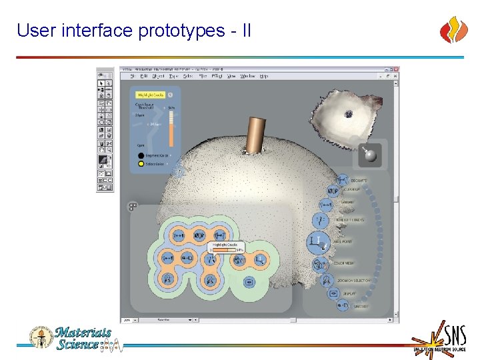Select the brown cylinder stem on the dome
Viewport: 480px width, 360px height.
click(x=255, y=135)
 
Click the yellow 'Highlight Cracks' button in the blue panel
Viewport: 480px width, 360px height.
click(x=150, y=95)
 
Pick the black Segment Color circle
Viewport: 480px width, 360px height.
click(x=141, y=155)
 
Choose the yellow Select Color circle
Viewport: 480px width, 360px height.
click(x=141, y=163)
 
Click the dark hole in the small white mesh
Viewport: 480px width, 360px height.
click(x=348, y=114)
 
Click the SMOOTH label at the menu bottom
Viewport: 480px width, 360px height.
click(x=361, y=306)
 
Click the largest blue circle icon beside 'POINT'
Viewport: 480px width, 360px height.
click(x=319, y=242)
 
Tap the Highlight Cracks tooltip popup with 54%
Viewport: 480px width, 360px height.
click(x=227, y=247)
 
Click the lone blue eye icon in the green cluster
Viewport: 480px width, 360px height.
click(x=249, y=281)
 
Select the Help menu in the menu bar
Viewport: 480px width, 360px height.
click(x=264, y=76)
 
